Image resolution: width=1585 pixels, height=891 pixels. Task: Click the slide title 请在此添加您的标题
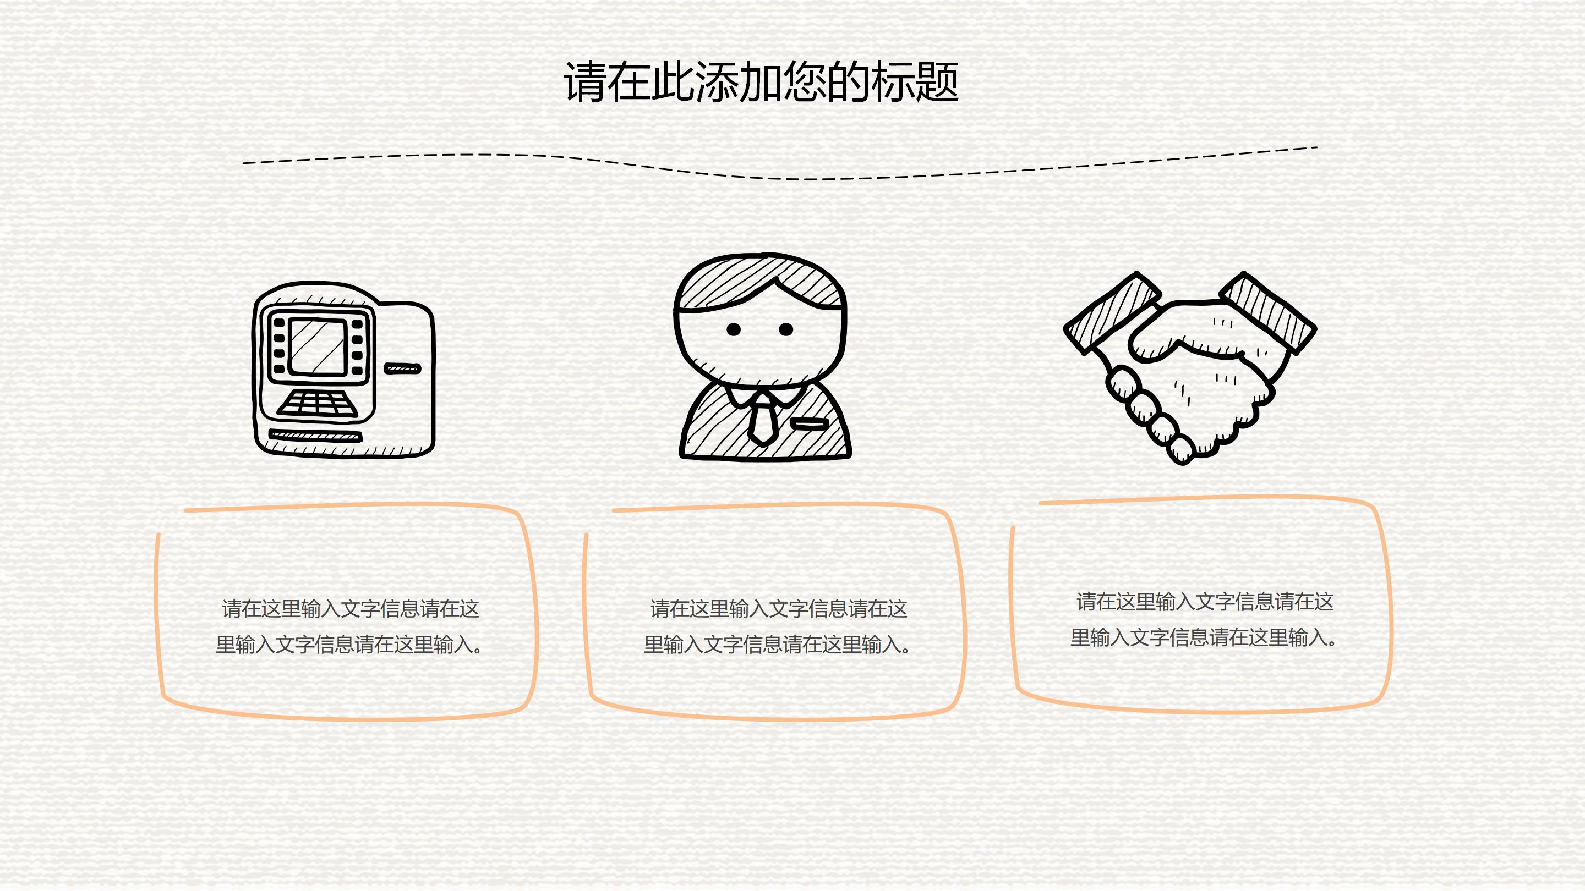(x=761, y=82)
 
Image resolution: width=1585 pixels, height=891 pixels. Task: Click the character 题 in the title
(x=937, y=82)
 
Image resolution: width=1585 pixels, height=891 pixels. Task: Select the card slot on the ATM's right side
(x=402, y=369)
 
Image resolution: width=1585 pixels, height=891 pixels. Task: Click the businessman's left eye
(x=734, y=329)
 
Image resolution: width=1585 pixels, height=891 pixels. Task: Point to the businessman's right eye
(x=786, y=329)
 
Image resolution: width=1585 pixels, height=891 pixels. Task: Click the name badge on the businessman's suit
(x=809, y=424)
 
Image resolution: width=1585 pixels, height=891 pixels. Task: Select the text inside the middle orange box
(x=777, y=626)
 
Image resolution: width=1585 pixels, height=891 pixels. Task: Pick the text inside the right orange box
(x=1204, y=619)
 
